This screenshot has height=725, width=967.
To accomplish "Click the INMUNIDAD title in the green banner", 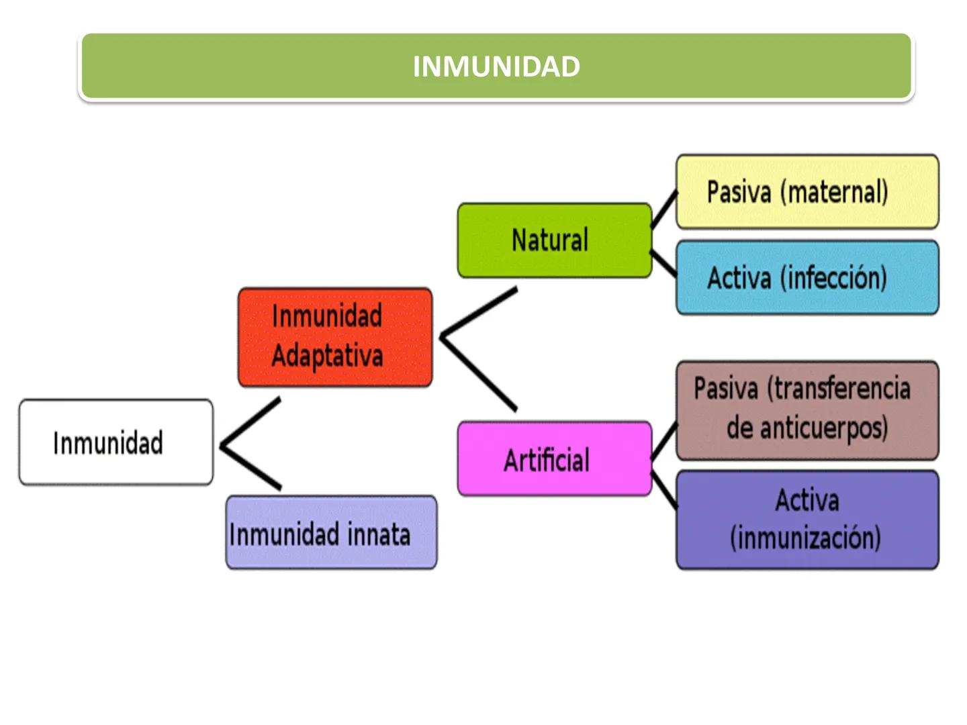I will pos(496,66).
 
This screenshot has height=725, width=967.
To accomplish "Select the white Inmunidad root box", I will pos(116,442).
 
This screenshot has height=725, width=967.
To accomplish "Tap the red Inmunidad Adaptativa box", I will pos(334,337).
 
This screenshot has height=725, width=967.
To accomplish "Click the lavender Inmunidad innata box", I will pos(331,533).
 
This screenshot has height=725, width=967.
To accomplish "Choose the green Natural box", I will pos(554,240).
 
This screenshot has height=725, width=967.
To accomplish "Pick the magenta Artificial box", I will pos(554,460).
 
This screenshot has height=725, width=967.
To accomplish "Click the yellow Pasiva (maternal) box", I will pos(807,192).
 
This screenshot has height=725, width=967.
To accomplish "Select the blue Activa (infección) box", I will pos(807,278).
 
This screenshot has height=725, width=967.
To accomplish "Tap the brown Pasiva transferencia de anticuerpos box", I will pos(807,409).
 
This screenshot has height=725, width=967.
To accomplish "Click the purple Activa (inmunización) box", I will pos(807,520).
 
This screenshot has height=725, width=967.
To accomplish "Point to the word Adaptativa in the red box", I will pos(327,356).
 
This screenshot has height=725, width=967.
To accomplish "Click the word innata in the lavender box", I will pos(379,535).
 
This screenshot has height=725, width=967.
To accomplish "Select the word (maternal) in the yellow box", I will pos(834,193).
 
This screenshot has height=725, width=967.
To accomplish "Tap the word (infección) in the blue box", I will pos(834,279).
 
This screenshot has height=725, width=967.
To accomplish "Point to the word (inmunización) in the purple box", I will pos(805,538).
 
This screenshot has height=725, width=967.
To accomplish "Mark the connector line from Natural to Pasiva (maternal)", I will pos(664,209).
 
